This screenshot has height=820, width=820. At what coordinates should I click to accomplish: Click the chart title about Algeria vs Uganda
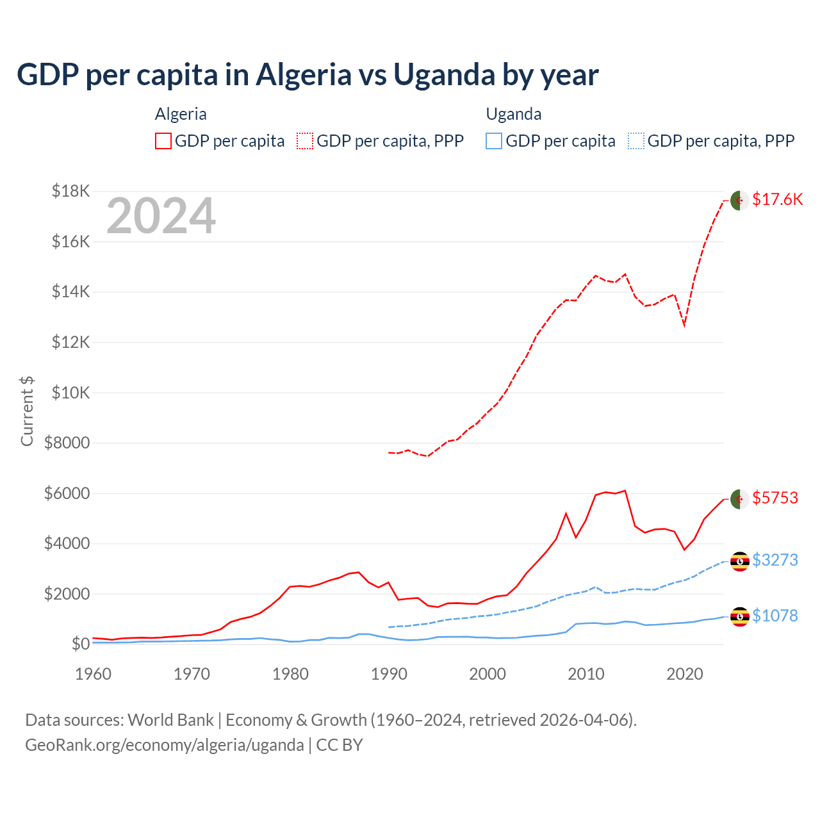coord(307,75)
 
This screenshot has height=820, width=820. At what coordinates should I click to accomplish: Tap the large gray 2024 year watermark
coord(161,217)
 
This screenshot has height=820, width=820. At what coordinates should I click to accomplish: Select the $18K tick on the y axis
coord(71,191)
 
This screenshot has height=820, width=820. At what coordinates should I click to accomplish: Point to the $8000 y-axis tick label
coord(67,443)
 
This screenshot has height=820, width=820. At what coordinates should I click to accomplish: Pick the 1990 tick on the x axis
coord(389,674)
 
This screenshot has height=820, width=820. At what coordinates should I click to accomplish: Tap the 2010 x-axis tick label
coord(586,674)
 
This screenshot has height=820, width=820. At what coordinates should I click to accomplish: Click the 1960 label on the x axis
coord(94,674)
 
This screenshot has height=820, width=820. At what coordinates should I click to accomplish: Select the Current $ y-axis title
coord(27,411)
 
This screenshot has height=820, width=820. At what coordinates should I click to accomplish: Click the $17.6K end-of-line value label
coord(777,199)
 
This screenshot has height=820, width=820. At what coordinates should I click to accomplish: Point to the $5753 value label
coord(775,498)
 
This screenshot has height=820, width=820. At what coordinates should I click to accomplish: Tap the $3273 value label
coord(775,560)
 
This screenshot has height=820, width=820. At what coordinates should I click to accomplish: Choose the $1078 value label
coord(775,616)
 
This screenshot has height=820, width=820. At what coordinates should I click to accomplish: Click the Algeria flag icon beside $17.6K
coord(740,200)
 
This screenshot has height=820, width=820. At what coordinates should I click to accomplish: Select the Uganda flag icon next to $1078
coord(740,616)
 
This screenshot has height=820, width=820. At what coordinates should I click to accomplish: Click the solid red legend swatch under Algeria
coord(163,141)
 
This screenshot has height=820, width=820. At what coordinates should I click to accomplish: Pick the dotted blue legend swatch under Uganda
coord(636,141)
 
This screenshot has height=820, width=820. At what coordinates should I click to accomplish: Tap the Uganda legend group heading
coord(514,114)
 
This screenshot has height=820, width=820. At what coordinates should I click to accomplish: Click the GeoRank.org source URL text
coord(165,745)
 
